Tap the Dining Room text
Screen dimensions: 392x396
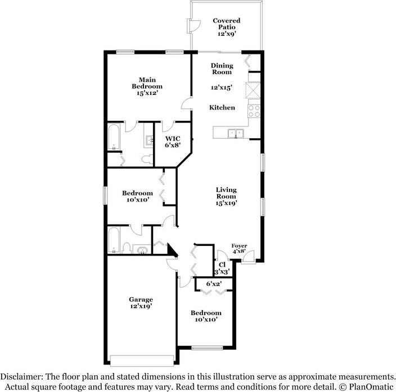[222, 69]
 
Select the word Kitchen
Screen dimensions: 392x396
[222, 107]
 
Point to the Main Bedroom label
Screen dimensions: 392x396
[147, 86]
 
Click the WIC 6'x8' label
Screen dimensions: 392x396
[172, 142]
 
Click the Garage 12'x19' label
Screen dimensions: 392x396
[141, 303]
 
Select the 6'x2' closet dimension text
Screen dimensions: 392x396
[213, 284]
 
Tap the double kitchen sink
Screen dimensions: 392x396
[235, 133]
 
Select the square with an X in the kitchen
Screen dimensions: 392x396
[253, 90]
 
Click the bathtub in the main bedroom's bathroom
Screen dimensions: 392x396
[114, 138]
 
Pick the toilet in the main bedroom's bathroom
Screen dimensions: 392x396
[147, 159]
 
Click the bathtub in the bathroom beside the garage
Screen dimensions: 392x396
[114, 240]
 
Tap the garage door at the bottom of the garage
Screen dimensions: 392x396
[142, 360]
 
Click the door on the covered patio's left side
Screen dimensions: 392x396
[193, 25]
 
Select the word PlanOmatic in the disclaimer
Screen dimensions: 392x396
[372, 386]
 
